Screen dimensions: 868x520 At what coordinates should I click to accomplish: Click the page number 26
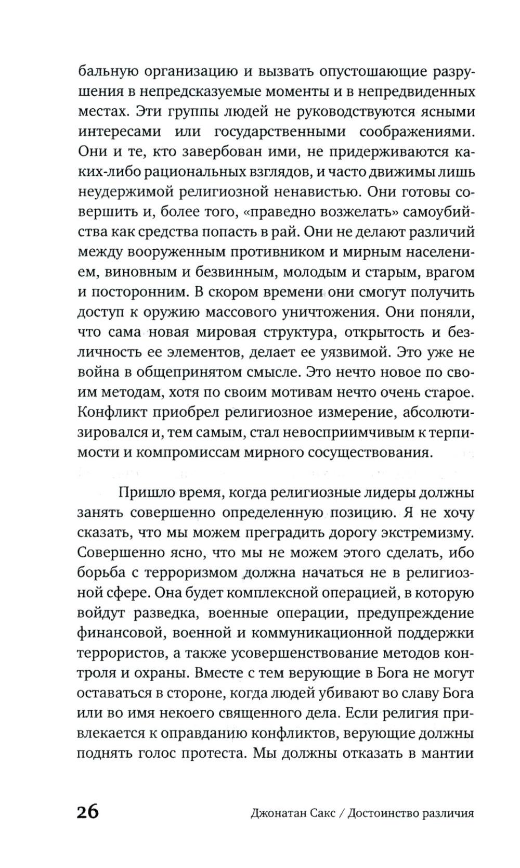(88, 811)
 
